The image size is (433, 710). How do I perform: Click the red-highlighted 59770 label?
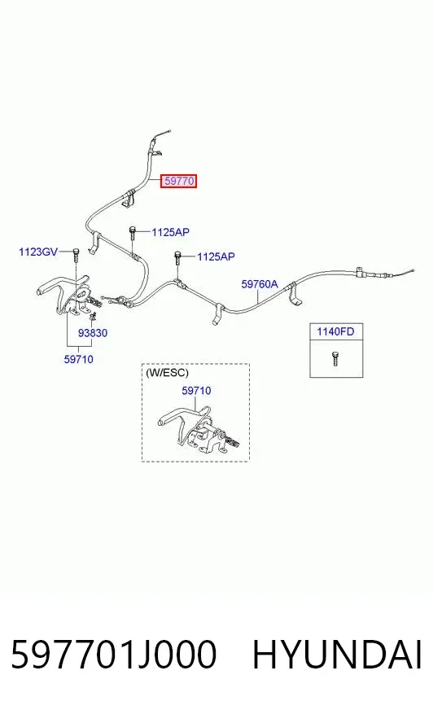click(x=179, y=181)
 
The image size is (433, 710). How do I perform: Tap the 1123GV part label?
click(x=38, y=252)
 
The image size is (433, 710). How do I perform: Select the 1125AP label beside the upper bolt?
click(x=170, y=232)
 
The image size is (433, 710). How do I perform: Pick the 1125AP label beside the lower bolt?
click(x=216, y=256)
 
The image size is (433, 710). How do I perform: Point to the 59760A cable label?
click(x=260, y=284)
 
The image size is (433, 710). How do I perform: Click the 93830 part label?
click(x=93, y=333)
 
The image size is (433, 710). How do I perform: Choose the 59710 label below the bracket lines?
click(x=79, y=359)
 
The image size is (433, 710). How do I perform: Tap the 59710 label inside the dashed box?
click(x=196, y=390)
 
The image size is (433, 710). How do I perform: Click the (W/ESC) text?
click(x=167, y=373)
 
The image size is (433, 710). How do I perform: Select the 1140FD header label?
click(x=335, y=331)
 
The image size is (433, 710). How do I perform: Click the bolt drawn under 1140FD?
click(x=335, y=358)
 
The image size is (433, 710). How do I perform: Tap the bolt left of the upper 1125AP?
click(x=133, y=233)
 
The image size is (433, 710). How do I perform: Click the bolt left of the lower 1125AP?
click(x=177, y=257)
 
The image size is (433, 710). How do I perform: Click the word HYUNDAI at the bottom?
click(x=337, y=655)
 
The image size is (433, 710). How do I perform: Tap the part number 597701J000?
click(x=114, y=655)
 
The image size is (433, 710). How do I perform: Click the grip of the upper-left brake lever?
click(x=47, y=288)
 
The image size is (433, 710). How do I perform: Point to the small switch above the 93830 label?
click(x=94, y=316)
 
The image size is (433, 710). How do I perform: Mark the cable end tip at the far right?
click(x=413, y=271)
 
